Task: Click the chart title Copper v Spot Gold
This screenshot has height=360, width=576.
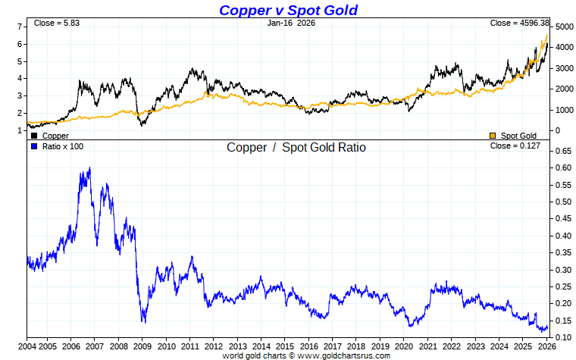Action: (x=288, y=10)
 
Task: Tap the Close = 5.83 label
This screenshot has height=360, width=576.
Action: (x=57, y=23)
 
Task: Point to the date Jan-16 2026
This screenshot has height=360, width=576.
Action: (x=291, y=23)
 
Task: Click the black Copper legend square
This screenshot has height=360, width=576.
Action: (x=35, y=135)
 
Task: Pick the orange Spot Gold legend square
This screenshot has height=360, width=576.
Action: (x=493, y=135)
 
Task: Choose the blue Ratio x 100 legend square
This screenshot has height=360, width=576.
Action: (x=34, y=146)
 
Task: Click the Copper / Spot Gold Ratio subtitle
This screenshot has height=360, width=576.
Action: (x=296, y=147)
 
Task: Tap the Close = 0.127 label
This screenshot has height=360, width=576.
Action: (x=515, y=146)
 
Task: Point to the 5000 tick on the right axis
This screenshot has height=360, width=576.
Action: (x=564, y=27)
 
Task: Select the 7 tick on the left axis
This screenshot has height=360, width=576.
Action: (x=20, y=27)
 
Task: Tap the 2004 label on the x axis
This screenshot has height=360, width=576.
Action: (x=27, y=346)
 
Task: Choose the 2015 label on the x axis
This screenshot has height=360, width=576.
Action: (x=284, y=346)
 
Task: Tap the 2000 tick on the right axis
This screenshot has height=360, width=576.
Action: (x=564, y=89)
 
